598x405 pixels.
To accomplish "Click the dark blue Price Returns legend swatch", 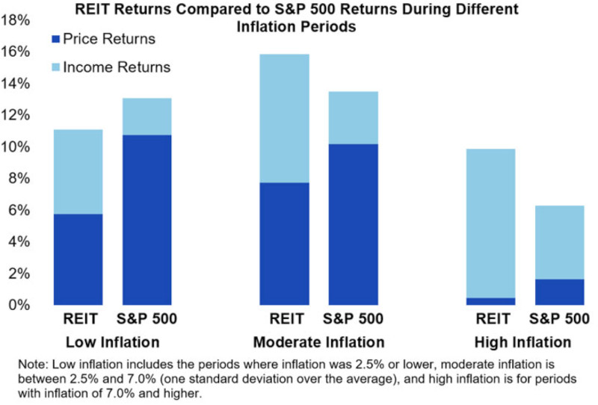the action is click(55, 39).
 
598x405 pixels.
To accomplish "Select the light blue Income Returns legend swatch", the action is click(55, 67).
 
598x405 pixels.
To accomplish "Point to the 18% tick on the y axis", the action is click(15, 20).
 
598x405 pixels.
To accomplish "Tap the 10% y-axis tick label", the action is click(15, 146).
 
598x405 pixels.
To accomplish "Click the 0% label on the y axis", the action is click(19, 305).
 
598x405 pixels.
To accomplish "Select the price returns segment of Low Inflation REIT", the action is click(78, 259).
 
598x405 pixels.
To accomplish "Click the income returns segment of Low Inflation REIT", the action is click(78, 172).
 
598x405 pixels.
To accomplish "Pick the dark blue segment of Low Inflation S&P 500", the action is click(147, 220).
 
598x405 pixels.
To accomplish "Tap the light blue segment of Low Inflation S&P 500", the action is click(147, 117).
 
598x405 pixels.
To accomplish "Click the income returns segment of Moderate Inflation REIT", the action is click(285, 119).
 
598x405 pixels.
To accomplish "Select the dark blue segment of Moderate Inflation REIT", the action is click(285, 244).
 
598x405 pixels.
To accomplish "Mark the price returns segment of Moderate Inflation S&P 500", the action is click(353, 225).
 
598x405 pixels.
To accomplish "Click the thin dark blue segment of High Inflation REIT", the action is click(491, 301).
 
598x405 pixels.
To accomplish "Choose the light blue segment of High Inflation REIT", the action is click(491, 223).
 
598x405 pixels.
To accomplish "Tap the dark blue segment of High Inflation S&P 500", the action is click(559, 292).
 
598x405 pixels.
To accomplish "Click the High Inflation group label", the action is click(523, 342).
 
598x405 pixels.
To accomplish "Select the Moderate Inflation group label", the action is click(319, 342).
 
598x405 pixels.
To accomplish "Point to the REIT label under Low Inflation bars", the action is click(81, 319).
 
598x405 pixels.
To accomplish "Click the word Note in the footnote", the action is click(33, 364).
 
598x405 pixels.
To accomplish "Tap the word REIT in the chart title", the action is click(93, 9).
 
